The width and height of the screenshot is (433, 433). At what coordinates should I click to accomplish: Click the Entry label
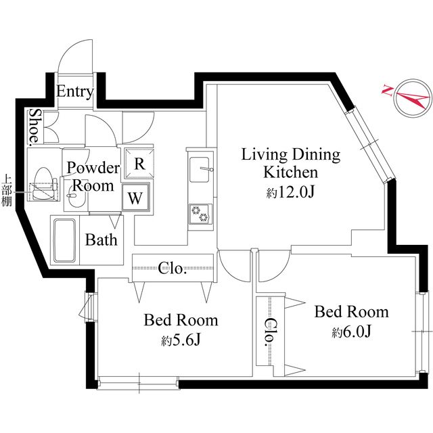tap(75, 92)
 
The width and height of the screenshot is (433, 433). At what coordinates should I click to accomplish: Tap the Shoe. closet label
tap(35, 127)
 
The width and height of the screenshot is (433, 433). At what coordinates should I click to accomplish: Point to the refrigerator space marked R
tap(139, 164)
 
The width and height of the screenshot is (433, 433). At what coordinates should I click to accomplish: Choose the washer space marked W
tap(135, 198)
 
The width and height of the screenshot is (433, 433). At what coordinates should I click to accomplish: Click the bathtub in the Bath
tap(65, 240)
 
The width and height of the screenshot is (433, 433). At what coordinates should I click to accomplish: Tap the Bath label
tap(101, 240)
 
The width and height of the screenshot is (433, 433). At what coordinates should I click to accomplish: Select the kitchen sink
tap(200, 170)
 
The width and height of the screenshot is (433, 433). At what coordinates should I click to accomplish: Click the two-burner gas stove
tap(201, 214)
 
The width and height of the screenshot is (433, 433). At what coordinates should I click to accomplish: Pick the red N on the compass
tap(388, 90)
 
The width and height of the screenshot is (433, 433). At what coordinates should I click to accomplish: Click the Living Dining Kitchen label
tap(291, 163)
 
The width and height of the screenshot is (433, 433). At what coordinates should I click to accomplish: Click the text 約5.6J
tap(181, 340)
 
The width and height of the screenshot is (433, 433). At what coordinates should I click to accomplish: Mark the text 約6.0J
tap(351, 332)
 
